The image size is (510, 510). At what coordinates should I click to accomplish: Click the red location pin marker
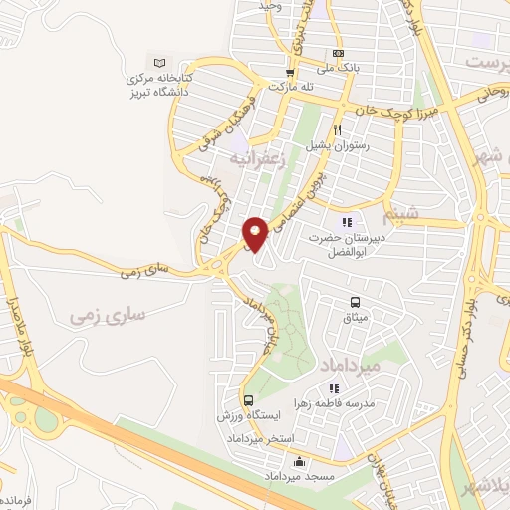pos(256,233)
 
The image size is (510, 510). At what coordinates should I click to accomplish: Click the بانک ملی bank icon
pos(338,53)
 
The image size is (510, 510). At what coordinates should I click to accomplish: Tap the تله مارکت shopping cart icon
pos(290,72)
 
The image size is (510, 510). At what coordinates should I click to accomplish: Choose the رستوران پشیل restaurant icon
pos(338,129)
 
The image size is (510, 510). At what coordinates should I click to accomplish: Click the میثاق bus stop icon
pos(355,303)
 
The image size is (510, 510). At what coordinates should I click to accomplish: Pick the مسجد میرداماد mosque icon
pos(300,461)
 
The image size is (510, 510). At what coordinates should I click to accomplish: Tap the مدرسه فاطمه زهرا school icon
pos(335,388)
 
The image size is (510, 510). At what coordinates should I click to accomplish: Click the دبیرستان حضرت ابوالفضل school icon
pos(347,223)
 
